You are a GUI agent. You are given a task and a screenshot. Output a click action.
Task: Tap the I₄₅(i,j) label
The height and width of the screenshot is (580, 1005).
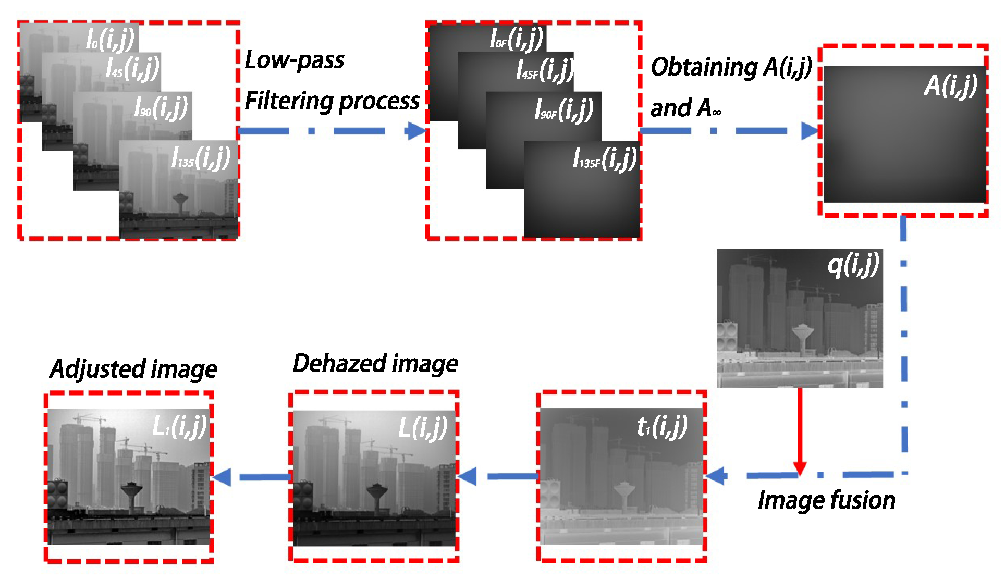tap(132, 68)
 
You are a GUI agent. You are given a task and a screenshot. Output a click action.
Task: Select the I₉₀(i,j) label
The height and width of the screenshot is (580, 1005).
tap(161, 107)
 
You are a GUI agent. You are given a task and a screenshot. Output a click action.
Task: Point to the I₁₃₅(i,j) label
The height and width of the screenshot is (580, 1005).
tap(201, 157)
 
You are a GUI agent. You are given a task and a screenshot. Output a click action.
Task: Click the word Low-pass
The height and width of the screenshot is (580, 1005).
tap(295, 60)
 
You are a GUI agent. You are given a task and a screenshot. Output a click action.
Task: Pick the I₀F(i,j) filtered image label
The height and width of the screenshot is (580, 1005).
tap(517, 39)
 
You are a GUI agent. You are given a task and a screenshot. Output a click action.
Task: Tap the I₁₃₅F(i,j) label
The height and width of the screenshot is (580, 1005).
tap(605, 158)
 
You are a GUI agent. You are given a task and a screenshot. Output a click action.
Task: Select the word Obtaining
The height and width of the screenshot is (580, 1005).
tap(704, 67)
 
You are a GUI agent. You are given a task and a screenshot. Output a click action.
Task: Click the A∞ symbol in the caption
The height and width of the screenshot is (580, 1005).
tap(709, 108)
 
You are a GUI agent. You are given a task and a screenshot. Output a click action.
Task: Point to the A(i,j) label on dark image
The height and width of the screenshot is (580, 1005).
tap(950, 85)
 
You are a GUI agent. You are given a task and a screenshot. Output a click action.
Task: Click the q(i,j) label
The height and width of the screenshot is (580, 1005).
tap(853, 265)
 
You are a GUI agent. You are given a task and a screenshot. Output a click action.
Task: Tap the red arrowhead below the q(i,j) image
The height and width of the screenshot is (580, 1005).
tap(800, 467)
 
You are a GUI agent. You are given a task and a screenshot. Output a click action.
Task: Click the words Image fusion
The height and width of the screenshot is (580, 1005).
tap(826, 500)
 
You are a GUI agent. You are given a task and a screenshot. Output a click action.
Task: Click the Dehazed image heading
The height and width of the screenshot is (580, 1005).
tap(375, 364)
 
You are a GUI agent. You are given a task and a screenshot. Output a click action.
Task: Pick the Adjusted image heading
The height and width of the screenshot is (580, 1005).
tap(133, 369)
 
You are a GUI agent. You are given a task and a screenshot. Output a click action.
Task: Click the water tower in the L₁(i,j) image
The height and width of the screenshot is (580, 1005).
tap(131, 492)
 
